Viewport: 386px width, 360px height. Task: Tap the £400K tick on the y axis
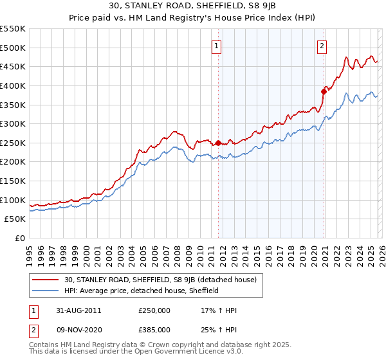point(13,85)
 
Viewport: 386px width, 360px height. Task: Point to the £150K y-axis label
point(13,181)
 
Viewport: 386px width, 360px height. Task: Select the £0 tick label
point(19,239)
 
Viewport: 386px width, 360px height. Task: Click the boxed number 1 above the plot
point(217,46)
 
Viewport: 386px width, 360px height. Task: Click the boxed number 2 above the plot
point(322,46)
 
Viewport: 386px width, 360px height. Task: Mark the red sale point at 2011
point(218,143)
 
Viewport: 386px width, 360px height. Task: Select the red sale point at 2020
point(324,91)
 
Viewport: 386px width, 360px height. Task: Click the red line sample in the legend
point(46,280)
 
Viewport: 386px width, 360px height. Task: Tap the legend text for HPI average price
point(142,291)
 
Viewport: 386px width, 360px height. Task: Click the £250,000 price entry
point(154,310)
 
